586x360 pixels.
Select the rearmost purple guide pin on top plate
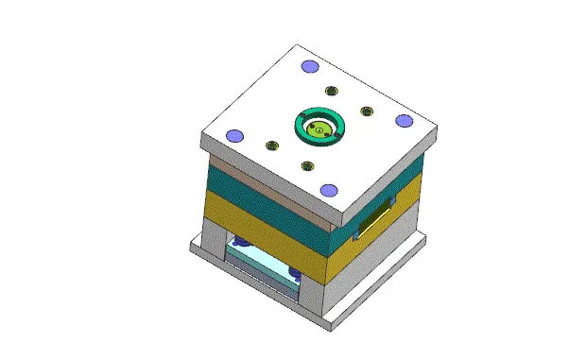[x=308, y=66]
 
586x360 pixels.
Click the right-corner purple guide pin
[x=404, y=120]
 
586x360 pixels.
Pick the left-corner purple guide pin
[x=233, y=133]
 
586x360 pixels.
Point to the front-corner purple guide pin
[x=328, y=190]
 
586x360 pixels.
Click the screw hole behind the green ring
[x=331, y=91]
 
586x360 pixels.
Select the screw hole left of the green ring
[x=272, y=146]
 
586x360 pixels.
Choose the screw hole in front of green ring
[x=307, y=166]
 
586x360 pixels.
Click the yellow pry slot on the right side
[x=371, y=219]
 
